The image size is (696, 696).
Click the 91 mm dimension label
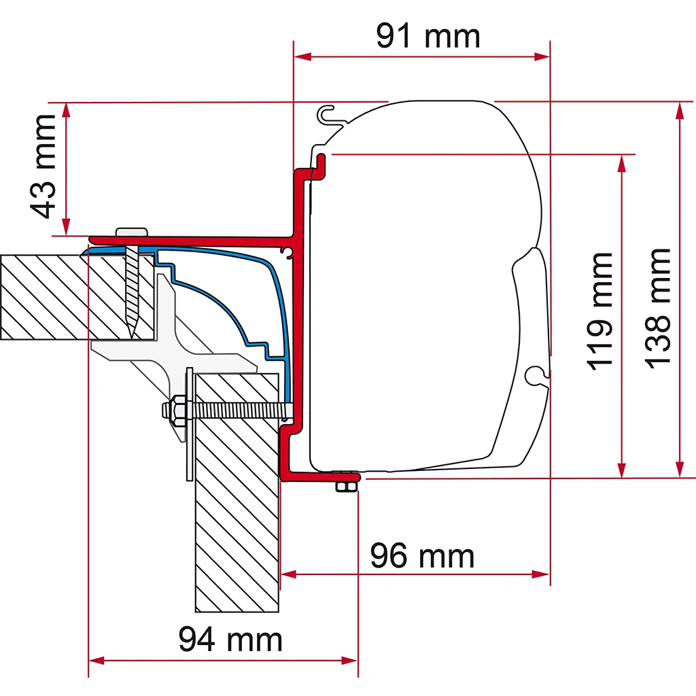(428, 36)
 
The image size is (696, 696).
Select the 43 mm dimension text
(43, 167)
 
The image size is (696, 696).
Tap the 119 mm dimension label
(599, 311)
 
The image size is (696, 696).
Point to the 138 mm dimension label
(657, 309)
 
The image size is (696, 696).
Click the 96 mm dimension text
(422, 555)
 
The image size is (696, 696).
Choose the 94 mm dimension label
(230, 639)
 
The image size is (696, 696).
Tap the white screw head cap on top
(132, 232)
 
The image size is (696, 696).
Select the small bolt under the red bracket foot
(347, 486)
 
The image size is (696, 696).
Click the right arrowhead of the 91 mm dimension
(542, 57)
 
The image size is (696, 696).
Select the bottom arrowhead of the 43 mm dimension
(66, 227)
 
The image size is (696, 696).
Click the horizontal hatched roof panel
(77, 297)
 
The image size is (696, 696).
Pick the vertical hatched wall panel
(237, 493)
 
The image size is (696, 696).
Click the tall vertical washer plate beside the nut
(190, 424)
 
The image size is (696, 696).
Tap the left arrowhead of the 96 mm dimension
(289, 574)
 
